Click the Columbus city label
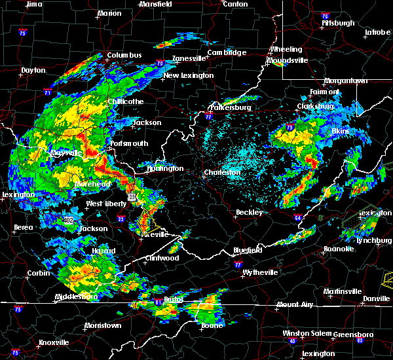tap(125, 55)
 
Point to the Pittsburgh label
tap(338, 23)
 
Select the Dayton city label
tap(33, 70)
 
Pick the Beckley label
tap(250, 212)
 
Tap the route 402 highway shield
tap(68, 221)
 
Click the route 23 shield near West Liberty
tap(132, 196)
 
